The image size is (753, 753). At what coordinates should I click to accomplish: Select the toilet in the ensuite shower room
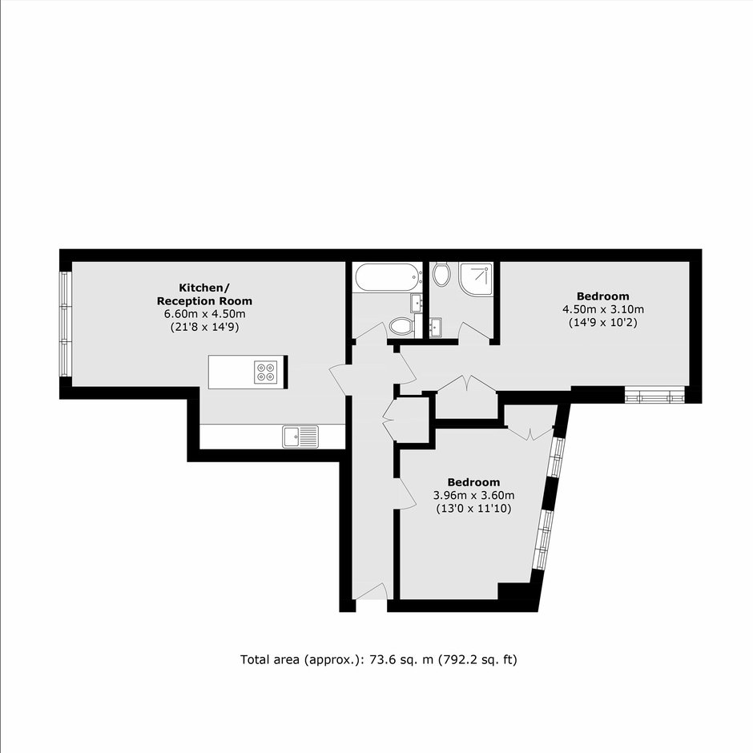coord(441,274)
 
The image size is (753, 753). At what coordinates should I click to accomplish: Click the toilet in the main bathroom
coord(402,327)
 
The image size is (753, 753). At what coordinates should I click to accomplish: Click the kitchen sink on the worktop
coord(300,437)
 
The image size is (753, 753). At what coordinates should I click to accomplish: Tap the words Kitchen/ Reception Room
coord(204,294)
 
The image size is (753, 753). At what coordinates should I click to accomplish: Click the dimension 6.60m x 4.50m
coord(205,314)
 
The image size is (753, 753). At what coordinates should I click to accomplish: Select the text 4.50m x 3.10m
coord(603,309)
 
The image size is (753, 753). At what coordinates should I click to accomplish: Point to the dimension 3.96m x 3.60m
coord(474,495)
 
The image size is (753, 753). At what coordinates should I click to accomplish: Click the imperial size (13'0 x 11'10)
coord(473,508)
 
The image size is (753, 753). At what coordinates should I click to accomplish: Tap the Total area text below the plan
coord(379,660)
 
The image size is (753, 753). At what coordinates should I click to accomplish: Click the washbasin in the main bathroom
coord(417,303)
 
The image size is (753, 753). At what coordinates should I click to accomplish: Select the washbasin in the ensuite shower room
coord(436,328)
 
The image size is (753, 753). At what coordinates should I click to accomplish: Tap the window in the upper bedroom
coord(654,397)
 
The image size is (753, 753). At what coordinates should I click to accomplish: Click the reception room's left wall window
coord(66,324)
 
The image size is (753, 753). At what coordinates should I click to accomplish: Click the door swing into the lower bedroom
coord(405,493)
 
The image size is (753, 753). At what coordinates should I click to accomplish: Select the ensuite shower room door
coord(475,332)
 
